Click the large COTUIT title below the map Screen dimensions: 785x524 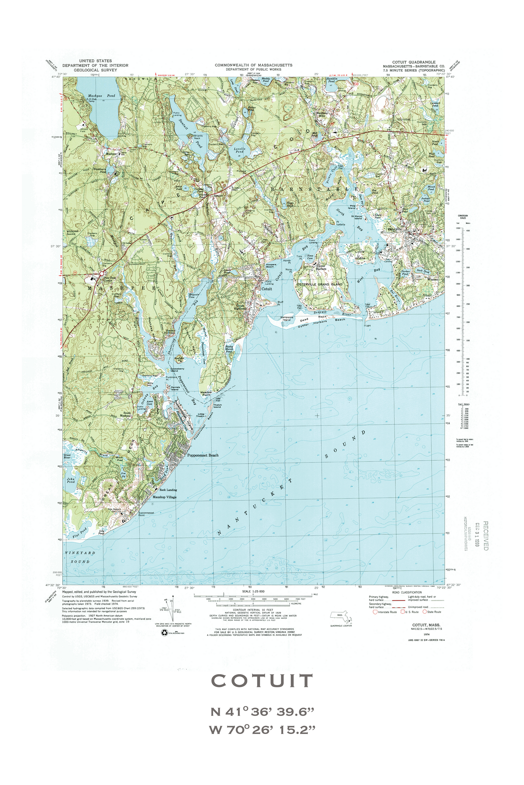(262, 681)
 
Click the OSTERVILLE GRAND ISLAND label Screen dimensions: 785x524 (319, 284)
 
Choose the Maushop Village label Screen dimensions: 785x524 (165, 497)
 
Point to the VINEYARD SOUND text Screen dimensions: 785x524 (80, 557)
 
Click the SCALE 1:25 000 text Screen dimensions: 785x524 (253, 591)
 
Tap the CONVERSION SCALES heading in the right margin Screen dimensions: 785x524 (462, 217)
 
